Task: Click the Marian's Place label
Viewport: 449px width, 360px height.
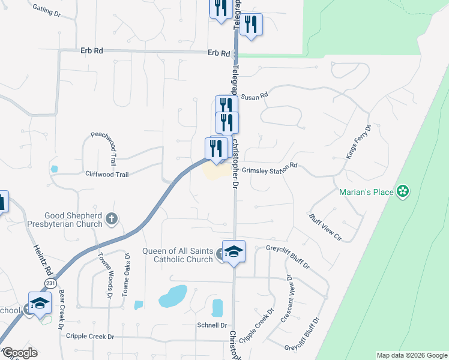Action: click(x=366, y=192)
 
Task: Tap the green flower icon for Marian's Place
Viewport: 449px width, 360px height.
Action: click(x=403, y=191)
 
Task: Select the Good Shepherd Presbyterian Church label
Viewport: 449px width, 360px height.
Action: click(x=74, y=220)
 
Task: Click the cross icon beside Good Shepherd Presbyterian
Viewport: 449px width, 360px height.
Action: click(x=111, y=219)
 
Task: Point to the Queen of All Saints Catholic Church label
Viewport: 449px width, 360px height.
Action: click(x=177, y=255)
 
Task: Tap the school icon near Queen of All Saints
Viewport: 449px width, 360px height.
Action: click(x=234, y=251)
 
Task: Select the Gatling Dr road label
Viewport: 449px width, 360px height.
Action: click(x=47, y=10)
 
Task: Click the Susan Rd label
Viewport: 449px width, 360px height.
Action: click(x=254, y=95)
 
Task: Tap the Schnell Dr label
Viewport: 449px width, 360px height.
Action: click(x=209, y=324)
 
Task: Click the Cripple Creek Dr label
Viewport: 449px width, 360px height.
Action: click(x=90, y=337)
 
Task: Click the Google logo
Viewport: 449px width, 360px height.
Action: click(x=19, y=353)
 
